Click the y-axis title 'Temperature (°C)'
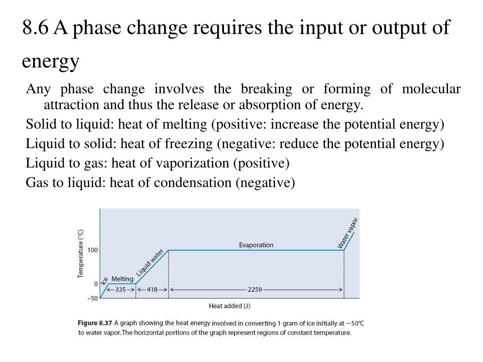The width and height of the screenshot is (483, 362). click(x=81, y=253)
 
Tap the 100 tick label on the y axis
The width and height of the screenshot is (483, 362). click(x=92, y=250)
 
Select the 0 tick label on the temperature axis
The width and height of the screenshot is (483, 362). click(x=96, y=284)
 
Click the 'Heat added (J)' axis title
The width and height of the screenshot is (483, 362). click(x=229, y=306)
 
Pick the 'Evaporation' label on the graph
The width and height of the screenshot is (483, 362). click(x=256, y=245)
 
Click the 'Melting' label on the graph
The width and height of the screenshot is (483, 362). click(x=122, y=279)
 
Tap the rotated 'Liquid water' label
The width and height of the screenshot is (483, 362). click(x=150, y=263)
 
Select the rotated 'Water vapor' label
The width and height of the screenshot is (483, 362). click(x=348, y=233)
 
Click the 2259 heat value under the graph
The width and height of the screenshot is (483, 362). click(x=255, y=290)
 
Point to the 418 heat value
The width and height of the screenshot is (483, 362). click(x=152, y=290)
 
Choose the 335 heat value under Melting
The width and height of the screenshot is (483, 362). click(x=121, y=290)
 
